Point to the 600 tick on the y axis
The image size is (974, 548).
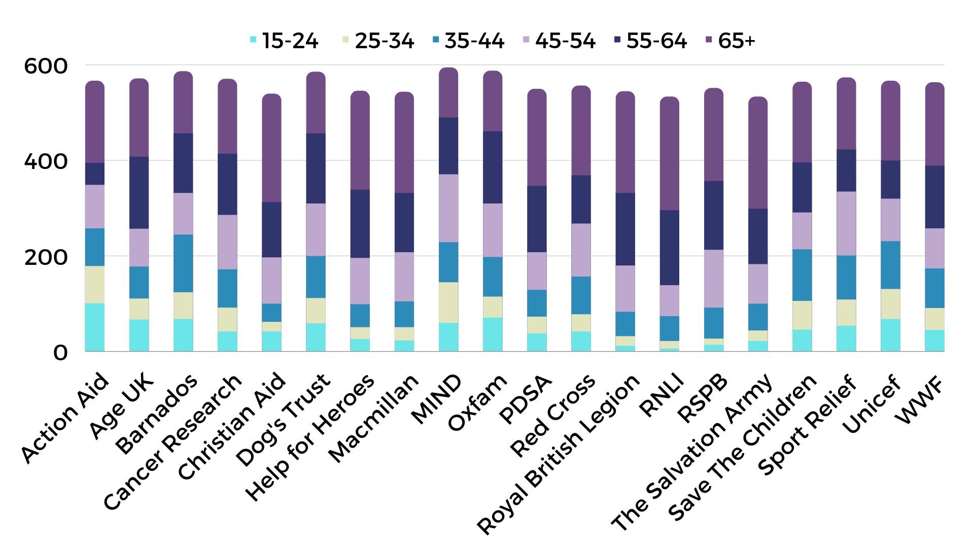coord(46,66)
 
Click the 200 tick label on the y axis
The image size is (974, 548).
coord(46,257)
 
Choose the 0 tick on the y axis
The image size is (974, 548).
coord(60,353)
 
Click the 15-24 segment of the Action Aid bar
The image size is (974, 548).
coord(95,327)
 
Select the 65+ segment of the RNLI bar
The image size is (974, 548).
coord(669,153)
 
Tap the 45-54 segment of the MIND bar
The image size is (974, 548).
coord(448,208)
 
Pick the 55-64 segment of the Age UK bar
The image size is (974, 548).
coord(139,193)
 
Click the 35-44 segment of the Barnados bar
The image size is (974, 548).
coord(183,263)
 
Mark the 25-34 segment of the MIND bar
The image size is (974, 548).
coord(448,302)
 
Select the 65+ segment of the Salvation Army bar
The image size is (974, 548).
coord(758,152)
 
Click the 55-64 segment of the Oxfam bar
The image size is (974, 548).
coord(493,167)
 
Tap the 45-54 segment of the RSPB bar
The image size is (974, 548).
coord(714,279)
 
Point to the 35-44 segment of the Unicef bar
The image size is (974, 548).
coord(890,265)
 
